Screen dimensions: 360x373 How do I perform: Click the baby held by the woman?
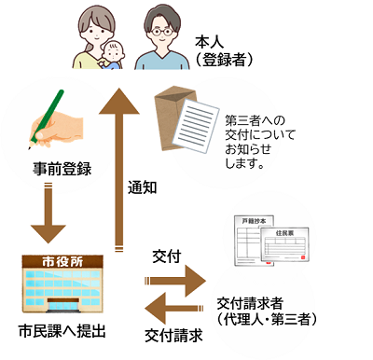click(x=113, y=56)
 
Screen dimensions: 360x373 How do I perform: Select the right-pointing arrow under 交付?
click(x=174, y=278)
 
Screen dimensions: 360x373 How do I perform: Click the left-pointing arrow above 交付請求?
click(x=174, y=307)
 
